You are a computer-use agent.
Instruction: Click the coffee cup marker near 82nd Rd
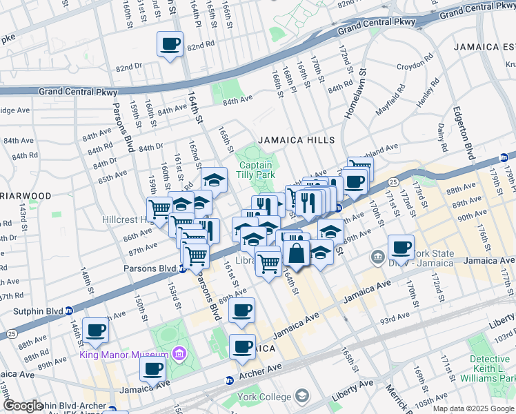coord(170,45)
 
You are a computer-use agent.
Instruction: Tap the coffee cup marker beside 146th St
coord(95,331)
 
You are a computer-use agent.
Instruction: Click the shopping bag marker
coord(296,253)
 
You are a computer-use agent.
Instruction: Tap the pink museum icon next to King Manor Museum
coord(179,354)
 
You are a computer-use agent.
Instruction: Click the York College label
coord(266,397)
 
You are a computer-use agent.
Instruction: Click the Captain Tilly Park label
coord(256,170)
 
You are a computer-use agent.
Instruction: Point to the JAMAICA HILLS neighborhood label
coord(296,140)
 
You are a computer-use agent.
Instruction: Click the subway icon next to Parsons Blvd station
coord(181,268)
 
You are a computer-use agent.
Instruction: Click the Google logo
coord(23,406)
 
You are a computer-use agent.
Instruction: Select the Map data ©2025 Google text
coord(473,408)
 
